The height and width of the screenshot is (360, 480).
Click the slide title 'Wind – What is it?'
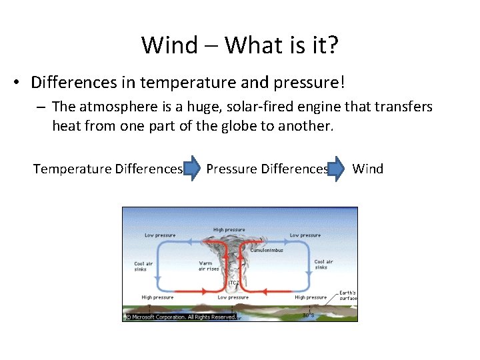click(240, 45)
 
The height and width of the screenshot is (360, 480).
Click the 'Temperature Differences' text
click(107, 169)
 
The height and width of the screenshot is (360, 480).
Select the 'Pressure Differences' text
click(267, 169)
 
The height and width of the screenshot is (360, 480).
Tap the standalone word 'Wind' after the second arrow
click(367, 169)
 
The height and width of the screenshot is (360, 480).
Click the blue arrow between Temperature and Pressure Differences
click(192, 169)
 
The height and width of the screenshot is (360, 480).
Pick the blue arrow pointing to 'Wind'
click(338, 169)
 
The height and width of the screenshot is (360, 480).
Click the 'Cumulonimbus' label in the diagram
click(267, 250)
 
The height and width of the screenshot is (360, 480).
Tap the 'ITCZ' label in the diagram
click(234, 283)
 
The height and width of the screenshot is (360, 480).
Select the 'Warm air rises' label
click(210, 266)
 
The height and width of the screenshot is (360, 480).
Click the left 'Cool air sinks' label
click(143, 267)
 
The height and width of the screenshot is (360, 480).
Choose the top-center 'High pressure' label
click(229, 230)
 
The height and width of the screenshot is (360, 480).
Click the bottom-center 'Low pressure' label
click(233, 297)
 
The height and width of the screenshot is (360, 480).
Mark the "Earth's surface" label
click(347, 295)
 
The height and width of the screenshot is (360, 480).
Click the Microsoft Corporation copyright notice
click(180, 317)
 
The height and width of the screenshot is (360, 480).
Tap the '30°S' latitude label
click(308, 315)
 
